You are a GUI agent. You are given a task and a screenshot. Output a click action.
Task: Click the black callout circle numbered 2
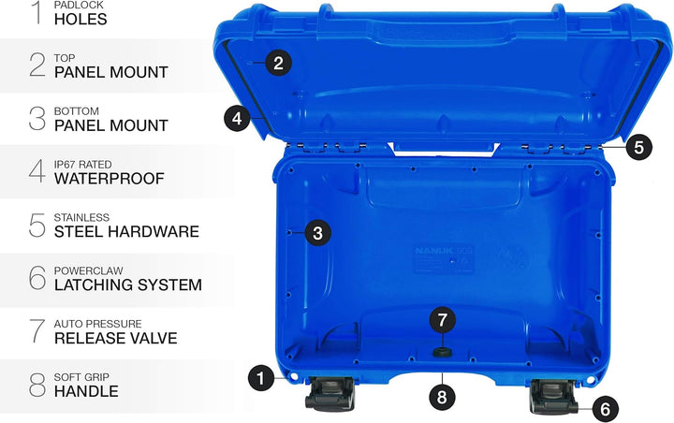click(278, 64)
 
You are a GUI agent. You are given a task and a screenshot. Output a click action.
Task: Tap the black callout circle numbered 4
click(238, 119)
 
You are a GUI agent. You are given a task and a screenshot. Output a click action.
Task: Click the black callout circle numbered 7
click(443, 319)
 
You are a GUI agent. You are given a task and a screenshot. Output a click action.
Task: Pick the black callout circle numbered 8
click(443, 396)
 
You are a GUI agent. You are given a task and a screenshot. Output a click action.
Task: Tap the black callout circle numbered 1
click(262, 378)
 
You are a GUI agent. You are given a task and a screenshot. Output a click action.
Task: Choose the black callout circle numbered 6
click(605, 408)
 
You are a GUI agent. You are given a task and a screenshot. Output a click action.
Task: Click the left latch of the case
click(328, 393)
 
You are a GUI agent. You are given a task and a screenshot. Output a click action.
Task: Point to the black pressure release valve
click(443, 351)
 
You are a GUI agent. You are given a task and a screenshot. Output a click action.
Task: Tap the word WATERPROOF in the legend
click(110, 178)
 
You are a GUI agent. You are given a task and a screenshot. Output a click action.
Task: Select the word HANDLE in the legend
click(86, 391)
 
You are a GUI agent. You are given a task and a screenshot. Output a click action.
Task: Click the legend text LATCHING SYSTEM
click(128, 284)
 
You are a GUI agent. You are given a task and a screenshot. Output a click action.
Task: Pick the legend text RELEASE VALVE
click(116, 338)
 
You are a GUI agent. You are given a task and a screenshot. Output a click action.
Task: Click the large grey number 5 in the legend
click(37, 225)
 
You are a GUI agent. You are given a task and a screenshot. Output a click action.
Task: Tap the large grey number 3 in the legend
click(37, 118)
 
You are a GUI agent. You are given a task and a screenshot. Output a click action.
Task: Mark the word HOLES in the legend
click(81, 19)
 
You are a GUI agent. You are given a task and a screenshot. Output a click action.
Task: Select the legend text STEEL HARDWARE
click(126, 231)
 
